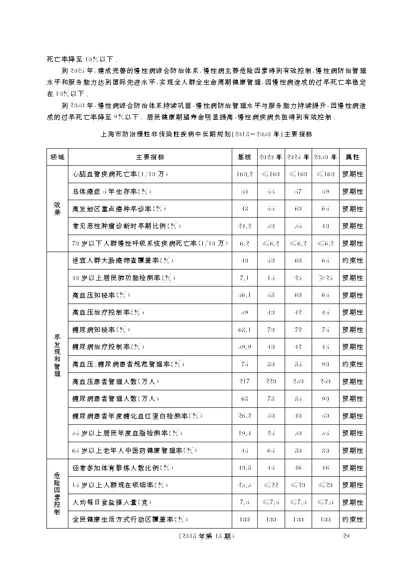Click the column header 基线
click(244, 157)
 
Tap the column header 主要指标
click(150, 157)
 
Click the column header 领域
click(57, 157)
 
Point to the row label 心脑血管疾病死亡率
click(120, 174)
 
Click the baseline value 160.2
click(244, 174)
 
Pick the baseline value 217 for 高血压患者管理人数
click(244, 381)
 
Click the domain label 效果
click(57, 208)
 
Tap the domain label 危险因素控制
click(57, 494)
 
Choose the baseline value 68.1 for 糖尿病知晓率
click(244, 329)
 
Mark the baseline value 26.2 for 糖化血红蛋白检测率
click(244, 416)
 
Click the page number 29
click(344, 537)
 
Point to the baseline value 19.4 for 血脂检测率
click(244, 433)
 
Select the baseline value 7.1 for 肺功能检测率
click(244, 278)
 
